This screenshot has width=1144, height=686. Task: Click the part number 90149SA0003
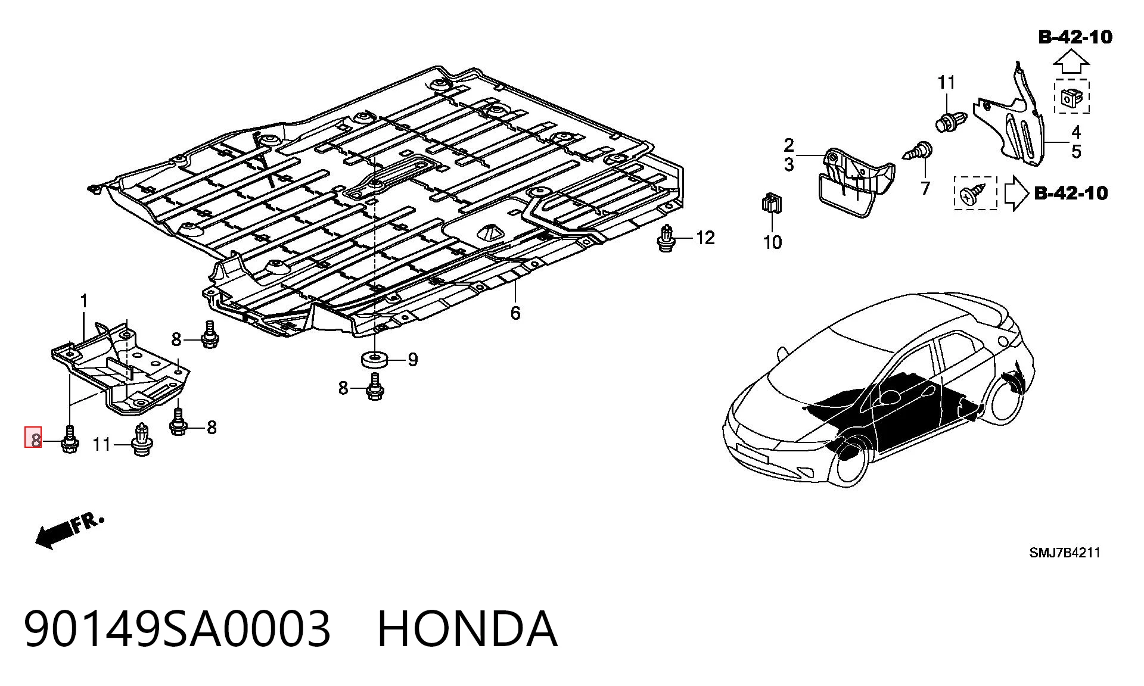tap(177, 629)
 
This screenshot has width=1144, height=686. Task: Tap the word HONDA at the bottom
tap(468, 629)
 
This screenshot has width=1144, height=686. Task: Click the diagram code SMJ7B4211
tap(1065, 553)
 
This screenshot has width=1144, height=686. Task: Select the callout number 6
tap(515, 313)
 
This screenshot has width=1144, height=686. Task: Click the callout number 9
tap(413, 360)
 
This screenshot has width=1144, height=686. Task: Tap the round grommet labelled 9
tap(374, 360)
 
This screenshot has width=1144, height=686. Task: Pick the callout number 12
tap(705, 238)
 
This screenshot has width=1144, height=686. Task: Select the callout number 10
tap(772, 242)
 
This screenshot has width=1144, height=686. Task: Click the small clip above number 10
tap(772, 203)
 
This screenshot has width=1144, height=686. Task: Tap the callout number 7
tap(925, 188)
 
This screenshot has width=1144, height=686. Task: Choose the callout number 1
tap(84, 301)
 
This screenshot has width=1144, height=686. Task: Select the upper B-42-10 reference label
tap(1075, 37)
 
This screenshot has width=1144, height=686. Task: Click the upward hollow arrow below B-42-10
tap(1071, 62)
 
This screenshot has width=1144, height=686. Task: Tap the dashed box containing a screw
tap(975, 193)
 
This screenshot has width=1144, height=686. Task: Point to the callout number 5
tap(1076, 151)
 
